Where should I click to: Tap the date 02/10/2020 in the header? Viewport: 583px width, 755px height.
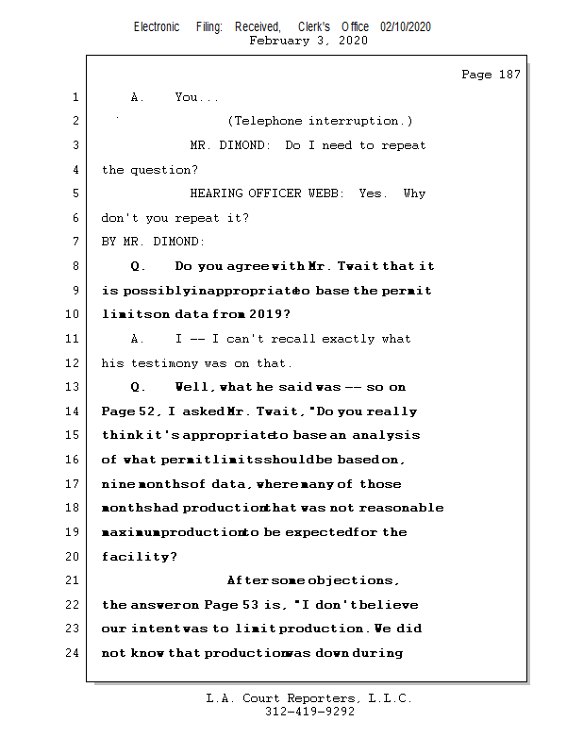(x=406, y=27)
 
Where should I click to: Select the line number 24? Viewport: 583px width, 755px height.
(x=75, y=652)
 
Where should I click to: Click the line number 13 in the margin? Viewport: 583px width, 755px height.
(x=75, y=386)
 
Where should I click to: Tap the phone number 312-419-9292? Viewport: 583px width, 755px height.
(x=310, y=713)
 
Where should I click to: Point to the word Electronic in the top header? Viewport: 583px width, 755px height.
(x=157, y=27)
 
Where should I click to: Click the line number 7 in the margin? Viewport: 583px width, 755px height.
(x=75, y=242)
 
